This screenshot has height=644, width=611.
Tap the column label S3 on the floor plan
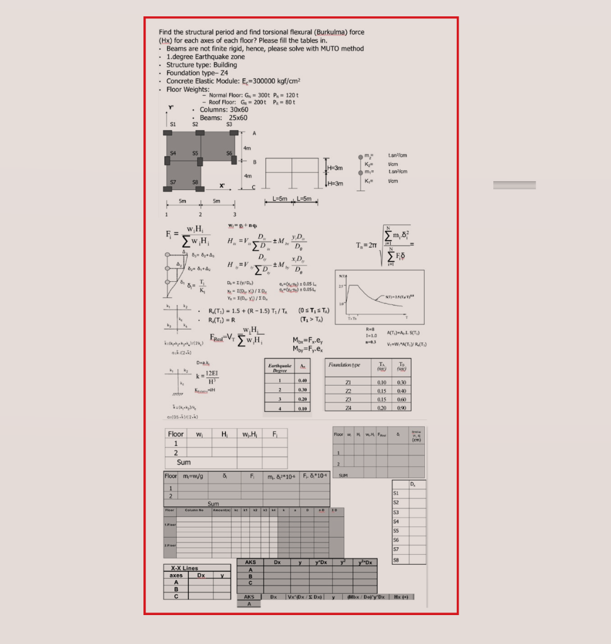click(229, 125)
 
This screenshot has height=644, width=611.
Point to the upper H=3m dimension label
click(335, 168)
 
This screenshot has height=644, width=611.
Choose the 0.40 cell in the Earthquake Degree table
click(303, 380)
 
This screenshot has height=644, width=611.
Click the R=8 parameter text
click(371, 328)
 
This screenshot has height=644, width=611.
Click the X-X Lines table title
click(184, 568)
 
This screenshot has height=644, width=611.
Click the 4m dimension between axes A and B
click(247, 148)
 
